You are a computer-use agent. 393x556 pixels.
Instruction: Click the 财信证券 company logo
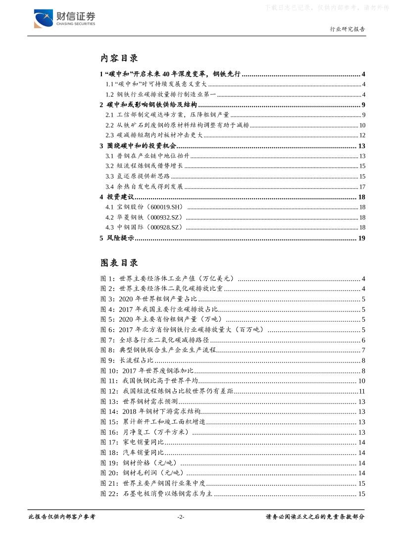point(64,18)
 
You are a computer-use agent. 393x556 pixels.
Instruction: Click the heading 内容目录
point(119,58)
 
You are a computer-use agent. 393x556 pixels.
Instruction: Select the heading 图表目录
point(119,262)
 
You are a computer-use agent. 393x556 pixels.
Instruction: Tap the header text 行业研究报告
point(347,29)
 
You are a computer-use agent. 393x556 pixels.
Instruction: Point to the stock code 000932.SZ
point(167,217)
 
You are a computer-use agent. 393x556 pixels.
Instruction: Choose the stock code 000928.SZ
point(167,227)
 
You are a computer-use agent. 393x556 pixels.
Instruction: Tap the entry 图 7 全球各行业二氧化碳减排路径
point(154,340)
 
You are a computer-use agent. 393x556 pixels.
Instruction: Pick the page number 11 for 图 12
point(361,392)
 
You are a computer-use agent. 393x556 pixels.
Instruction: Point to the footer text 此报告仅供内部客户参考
point(62,517)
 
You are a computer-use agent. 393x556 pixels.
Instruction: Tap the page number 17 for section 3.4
point(362,187)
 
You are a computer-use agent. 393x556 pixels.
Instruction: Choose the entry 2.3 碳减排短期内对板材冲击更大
point(153,135)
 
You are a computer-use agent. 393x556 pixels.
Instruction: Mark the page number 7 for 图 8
point(363,351)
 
